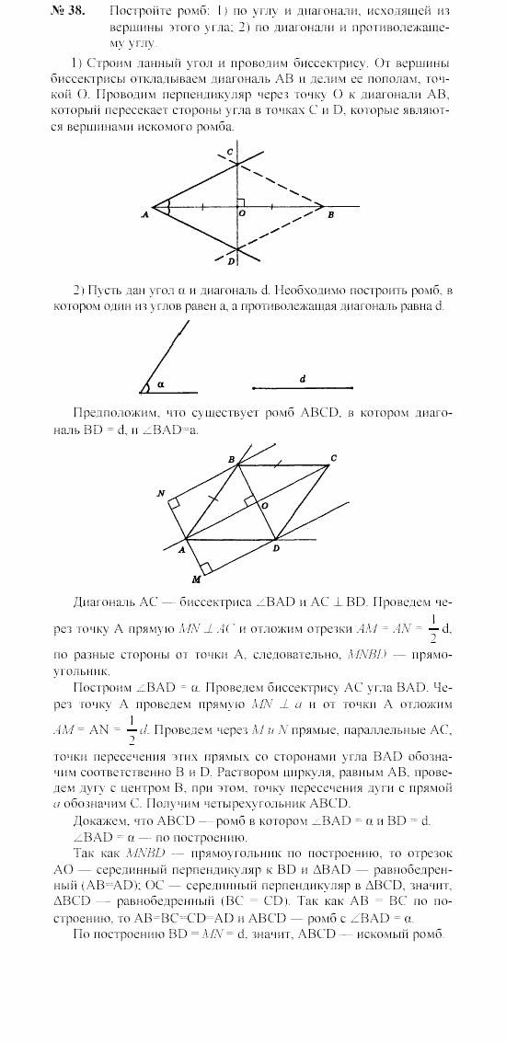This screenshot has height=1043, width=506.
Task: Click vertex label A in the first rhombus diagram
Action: click(145, 213)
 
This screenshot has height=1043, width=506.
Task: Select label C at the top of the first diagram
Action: click(231, 151)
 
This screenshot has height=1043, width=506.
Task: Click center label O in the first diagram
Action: click(242, 213)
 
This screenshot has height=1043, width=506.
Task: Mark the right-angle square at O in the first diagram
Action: click(239, 201)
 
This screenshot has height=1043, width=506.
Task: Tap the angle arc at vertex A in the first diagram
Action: click(167, 207)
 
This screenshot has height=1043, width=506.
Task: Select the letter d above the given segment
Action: click(302, 377)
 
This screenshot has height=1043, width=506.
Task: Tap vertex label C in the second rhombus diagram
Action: click(334, 458)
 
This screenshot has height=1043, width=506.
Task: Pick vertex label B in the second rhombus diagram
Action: click(231, 457)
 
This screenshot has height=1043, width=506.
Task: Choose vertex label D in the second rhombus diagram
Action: click(277, 549)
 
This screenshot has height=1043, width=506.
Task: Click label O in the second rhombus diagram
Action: click(264, 506)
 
